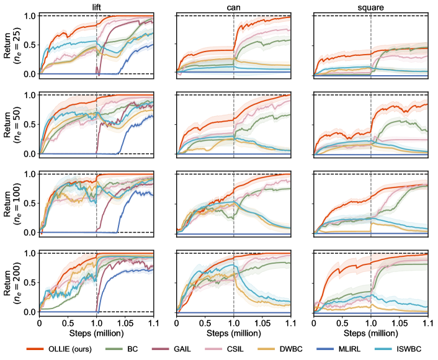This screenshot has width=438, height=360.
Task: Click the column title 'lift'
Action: pyautogui.click(x=96, y=6)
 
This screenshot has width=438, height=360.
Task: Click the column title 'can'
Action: pyautogui.click(x=234, y=6)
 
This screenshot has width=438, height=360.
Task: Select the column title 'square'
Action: pyautogui.click(x=371, y=6)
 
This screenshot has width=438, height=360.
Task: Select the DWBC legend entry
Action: pyautogui.click(x=316, y=349)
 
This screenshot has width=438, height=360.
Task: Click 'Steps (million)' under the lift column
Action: pyautogui.click(x=96, y=333)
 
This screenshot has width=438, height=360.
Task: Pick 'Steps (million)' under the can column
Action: pyautogui.click(x=234, y=333)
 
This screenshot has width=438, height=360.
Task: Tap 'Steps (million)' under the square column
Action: pyautogui.click(x=371, y=333)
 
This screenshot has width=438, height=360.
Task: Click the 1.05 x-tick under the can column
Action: pyautogui.click(x=262, y=323)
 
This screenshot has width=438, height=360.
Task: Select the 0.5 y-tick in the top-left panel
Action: pyautogui.click(x=29, y=44)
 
